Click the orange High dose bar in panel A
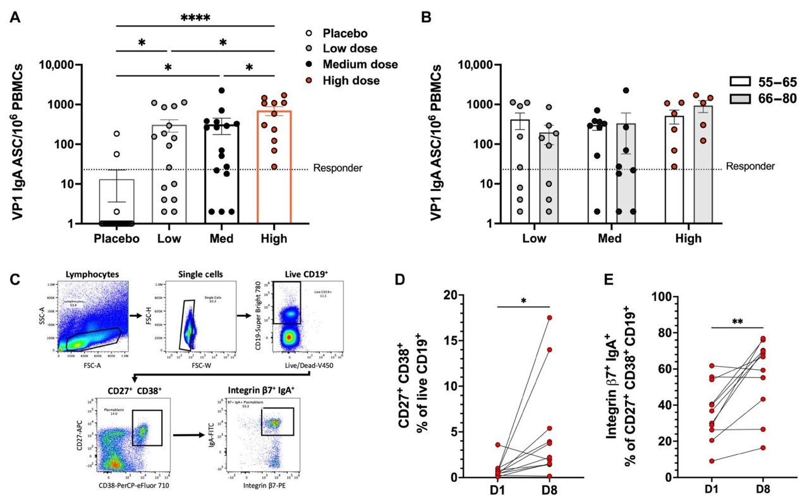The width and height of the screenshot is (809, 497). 274,168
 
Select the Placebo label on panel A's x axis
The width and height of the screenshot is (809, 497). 118,238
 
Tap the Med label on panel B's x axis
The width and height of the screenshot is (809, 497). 609,238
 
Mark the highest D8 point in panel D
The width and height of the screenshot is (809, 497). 550,317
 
